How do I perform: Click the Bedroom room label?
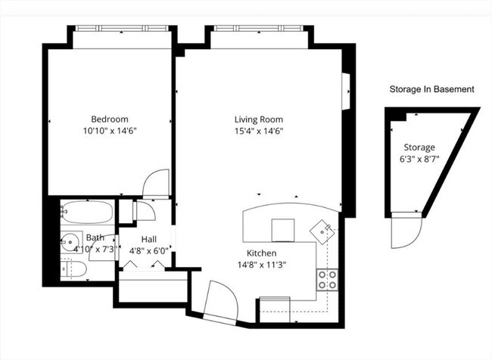(110, 119)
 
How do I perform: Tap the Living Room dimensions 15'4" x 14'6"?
(257, 130)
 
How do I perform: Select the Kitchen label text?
(261, 253)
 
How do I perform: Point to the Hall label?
(148, 239)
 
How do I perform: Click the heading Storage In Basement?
(431, 88)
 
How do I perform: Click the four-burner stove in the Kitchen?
(327, 280)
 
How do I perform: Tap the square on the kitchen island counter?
(284, 228)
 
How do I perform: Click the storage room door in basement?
(403, 234)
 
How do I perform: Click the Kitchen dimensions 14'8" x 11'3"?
(261, 265)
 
